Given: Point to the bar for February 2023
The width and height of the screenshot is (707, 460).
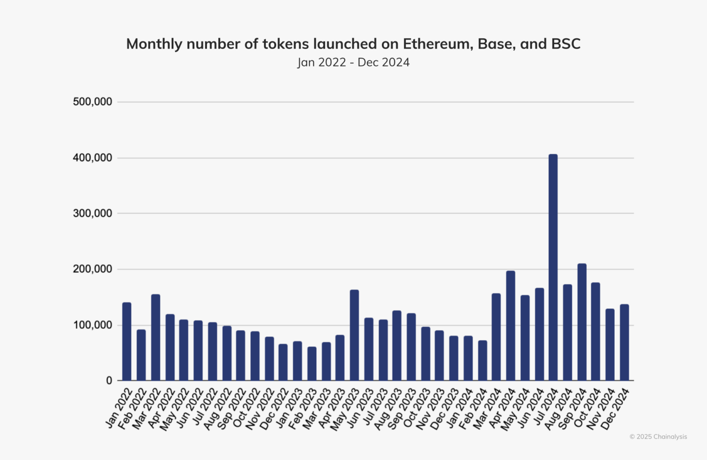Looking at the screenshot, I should click(x=312, y=364).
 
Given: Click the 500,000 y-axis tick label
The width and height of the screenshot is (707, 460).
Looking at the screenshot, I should click(x=92, y=102).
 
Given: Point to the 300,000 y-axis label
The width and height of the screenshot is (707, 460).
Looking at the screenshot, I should click(x=92, y=214).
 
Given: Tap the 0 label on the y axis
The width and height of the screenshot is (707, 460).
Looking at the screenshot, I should click(x=109, y=381).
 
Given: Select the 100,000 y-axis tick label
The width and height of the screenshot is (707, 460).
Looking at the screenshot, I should click(x=92, y=326).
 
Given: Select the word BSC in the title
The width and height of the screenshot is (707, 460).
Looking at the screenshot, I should click(x=566, y=44).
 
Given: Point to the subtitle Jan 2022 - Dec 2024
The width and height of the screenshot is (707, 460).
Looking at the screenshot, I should click(x=353, y=62).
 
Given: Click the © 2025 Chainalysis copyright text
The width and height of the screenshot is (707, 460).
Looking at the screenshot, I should click(x=658, y=437).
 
